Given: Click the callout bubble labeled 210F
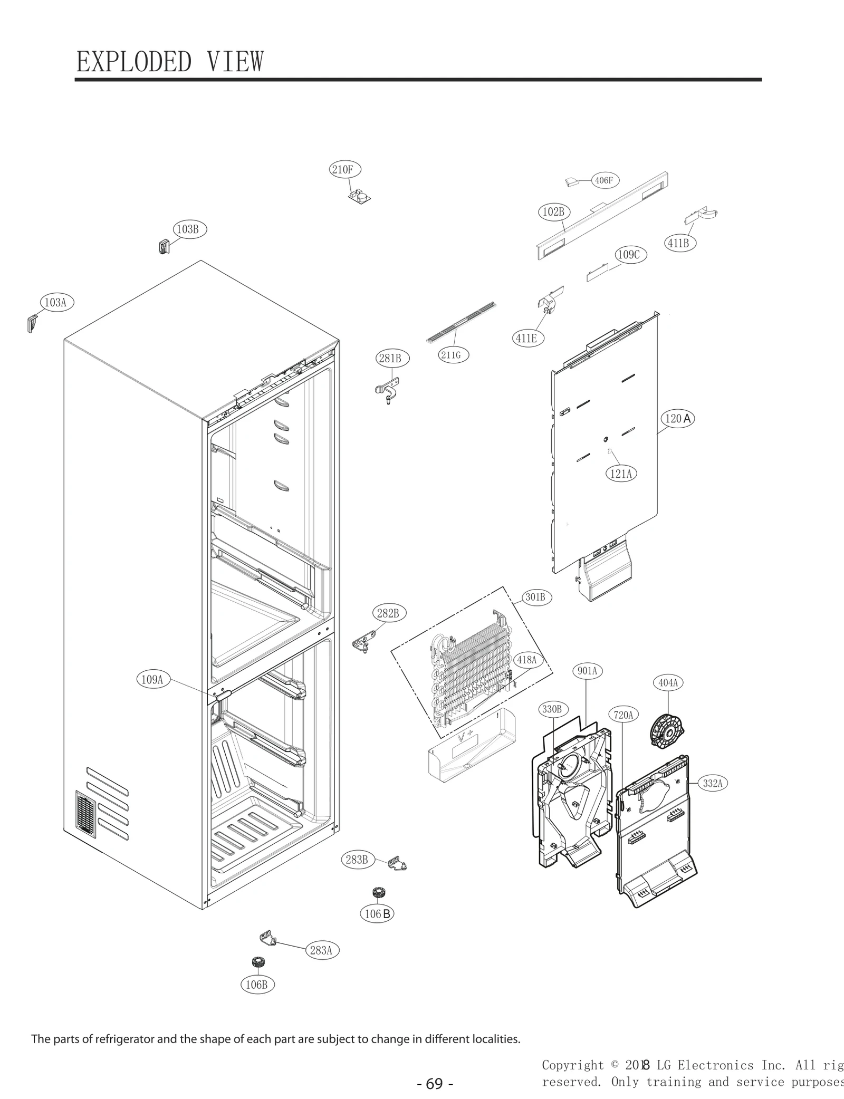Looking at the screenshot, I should pyautogui.click(x=342, y=170).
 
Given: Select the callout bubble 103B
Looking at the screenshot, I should pyautogui.click(x=187, y=229).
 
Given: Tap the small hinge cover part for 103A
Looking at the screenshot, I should pyautogui.click(x=32, y=323).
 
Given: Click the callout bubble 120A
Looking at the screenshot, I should pyautogui.click(x=677, y=419).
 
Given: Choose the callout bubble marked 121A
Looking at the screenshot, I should pyautogui.click(x=621, y=474).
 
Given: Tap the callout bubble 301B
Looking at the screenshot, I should pyautogui.click(x=535, y=597).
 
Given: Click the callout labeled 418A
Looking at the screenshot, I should pyautogui.click(x=526, y=660).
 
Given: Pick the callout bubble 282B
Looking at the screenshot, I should pyautogui.click(x=388, y=613).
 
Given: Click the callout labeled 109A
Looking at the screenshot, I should pyautogui.click(x=152, y=679).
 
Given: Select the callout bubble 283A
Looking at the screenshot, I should pyautogui.click(x=321, y=950).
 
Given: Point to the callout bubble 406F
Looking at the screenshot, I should pyautogui.click(x=603, y=180).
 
